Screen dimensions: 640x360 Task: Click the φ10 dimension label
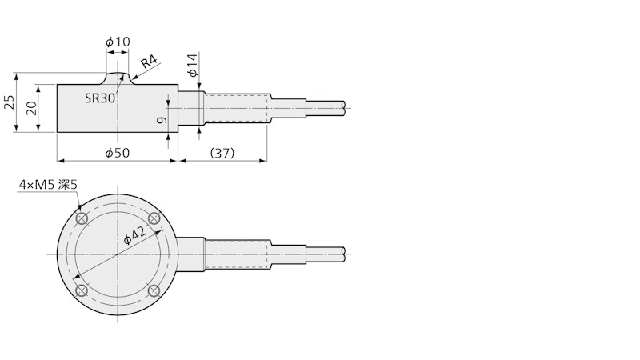tap(118, 42)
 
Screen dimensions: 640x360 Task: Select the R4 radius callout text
tap(150, 62)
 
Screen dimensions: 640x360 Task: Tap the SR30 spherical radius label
tap(100, 98)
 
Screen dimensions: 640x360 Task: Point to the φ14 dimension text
tap(193, 65)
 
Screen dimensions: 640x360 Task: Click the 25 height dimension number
tap(9, 102)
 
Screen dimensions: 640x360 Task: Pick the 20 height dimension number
tap(31, 108)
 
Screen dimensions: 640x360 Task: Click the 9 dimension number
tap(162, 120)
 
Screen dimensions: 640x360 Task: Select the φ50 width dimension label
tap(117, 153)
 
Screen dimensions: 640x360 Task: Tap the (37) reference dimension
tap(222, 153)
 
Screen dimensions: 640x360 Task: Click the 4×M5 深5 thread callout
tap(48, 185)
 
